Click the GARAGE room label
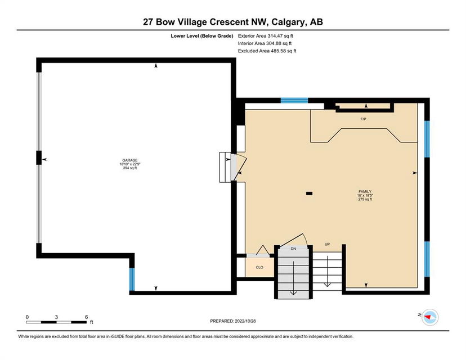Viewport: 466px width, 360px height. pos(130,160)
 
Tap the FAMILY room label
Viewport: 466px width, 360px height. pos(365,192)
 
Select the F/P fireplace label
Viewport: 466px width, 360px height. pos(363,119)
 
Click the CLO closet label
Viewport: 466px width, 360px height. pos(259,267)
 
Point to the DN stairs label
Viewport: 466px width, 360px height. pos(293,249)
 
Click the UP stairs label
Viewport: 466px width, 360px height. pos(327,245)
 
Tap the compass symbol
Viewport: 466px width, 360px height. pos(430,317)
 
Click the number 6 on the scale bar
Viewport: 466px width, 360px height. pos(87,317)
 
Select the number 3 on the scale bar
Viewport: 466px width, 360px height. pos(56,317)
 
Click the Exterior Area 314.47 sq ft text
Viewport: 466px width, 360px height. pos(266,36)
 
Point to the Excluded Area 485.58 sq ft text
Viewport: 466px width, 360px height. pos(267,51)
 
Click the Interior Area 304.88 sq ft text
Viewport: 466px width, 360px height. pos(265,43)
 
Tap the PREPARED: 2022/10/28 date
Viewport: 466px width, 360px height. pos(232,321)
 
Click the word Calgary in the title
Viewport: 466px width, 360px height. pos(288,22)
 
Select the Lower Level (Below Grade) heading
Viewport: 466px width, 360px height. pos(202,36)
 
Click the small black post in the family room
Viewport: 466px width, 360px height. pos(309,193)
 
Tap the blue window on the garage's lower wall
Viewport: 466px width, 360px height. pos(132,279)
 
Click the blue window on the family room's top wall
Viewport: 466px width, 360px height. pos(294,100)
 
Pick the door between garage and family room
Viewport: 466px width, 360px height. pos(239,167)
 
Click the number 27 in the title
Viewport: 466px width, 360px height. pos(148,22)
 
